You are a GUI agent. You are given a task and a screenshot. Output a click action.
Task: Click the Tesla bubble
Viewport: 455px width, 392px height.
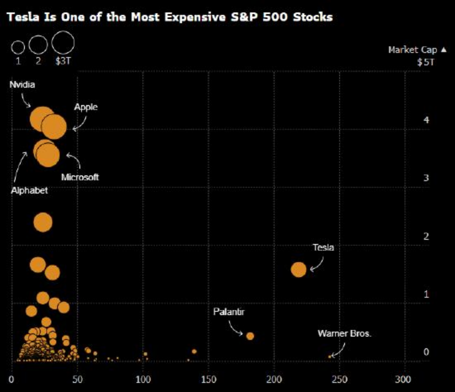tap(298, 270)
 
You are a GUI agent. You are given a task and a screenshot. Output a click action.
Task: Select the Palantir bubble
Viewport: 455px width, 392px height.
tap(250, 336)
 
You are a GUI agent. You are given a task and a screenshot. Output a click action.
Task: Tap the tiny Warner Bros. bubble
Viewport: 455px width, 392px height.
tap(330, 357)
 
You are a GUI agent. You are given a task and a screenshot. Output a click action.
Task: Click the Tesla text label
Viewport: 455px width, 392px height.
tap(323, 248)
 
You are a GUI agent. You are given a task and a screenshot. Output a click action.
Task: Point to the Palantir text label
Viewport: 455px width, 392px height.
tap(229, 312)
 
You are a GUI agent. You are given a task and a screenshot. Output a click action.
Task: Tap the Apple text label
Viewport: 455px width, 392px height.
tap(85, 107)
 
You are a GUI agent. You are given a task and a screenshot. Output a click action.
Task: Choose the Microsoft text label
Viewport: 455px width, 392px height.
tap(80, 177)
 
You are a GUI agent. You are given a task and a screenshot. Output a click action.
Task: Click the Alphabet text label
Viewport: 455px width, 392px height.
tap(29, 190)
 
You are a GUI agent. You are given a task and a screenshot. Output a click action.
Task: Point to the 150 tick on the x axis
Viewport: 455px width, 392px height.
tap(208, 379)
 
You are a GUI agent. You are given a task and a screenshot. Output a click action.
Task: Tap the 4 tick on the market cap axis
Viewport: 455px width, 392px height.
tap(425, 121)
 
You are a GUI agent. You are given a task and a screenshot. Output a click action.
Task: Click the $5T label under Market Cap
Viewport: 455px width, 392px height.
tap(426, 62)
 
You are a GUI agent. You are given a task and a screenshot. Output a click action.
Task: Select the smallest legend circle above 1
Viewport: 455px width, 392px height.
tap(18, 47)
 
